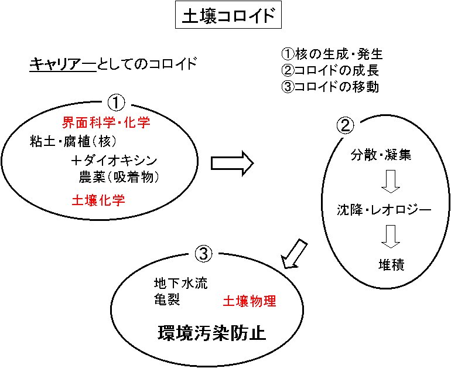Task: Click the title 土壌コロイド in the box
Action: point(228,15)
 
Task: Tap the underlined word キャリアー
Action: point(63,64)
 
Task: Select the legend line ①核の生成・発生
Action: point(332,54)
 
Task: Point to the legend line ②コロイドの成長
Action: point(330,70)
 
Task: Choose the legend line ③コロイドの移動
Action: point(330,87)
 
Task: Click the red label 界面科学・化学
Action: point(106,122)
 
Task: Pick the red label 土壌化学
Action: point(98,200)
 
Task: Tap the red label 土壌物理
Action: point(249,301)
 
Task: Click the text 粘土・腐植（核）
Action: point(73,142)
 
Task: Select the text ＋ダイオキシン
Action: point(114,161)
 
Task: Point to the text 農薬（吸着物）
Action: point(119,177)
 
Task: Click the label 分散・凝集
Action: point(381,155)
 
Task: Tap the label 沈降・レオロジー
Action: point(384,210)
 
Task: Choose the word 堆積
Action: point(391,265)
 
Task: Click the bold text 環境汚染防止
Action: point(211,333)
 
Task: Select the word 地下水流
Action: point(180,284)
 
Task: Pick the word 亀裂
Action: point(167,299)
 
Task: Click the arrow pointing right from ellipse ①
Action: point(233,163)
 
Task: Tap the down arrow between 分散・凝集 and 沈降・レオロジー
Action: point(391,182)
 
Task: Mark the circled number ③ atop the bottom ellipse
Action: point(203,254)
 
